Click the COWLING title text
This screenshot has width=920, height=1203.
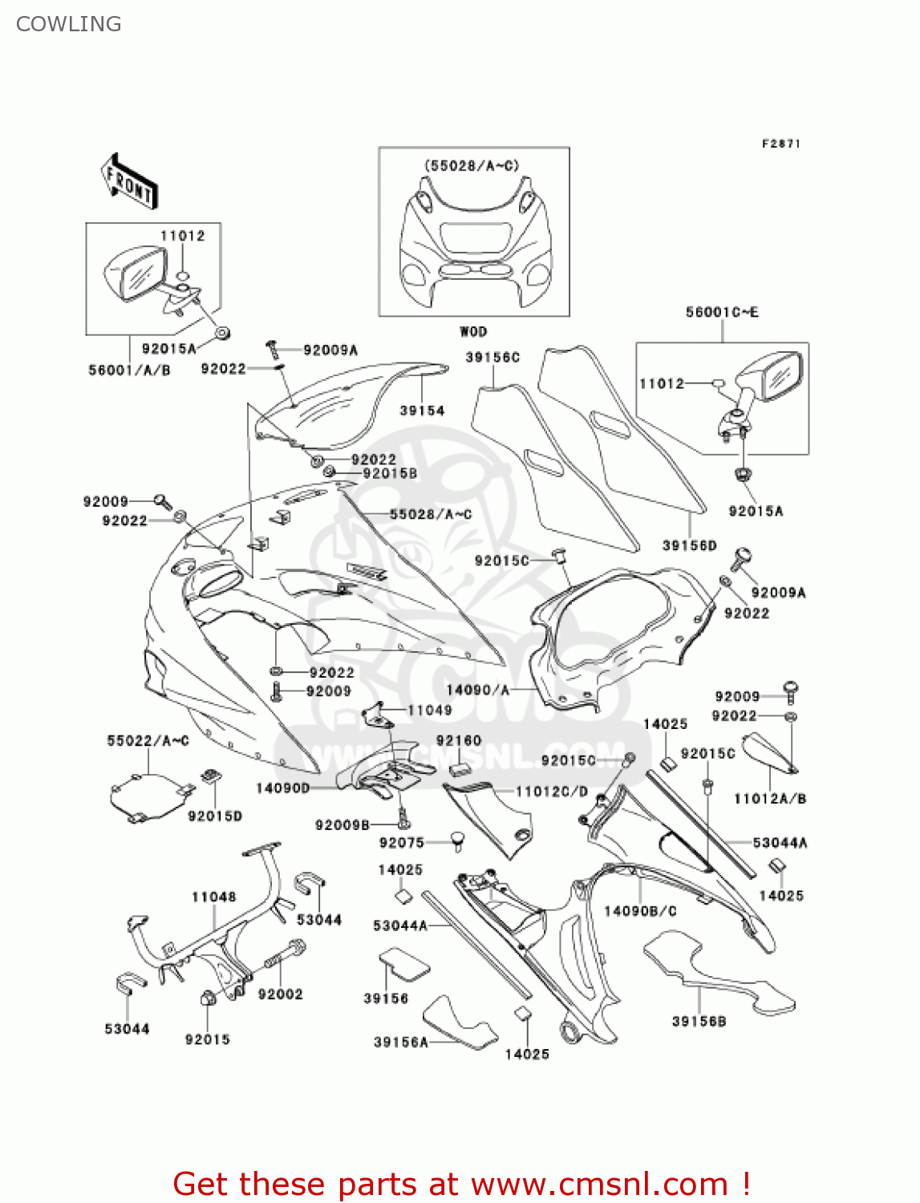(69, 24)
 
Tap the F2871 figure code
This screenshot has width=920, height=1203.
(780, 144)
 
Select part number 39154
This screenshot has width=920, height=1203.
(422, 411)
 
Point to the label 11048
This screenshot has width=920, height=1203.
(213, 897)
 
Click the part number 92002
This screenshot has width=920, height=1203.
(280, 994)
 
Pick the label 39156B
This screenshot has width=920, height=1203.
(699, 1021)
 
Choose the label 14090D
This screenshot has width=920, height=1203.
(282, 788)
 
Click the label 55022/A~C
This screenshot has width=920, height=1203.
(148, 740)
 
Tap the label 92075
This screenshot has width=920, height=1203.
(401, 842)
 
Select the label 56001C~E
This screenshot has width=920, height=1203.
(721, 312)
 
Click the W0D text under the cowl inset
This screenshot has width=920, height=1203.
(473, 331)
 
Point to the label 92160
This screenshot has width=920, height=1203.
(459, 740)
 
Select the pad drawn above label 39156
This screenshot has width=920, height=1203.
(405, 962)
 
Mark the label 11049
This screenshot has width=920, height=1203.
(429, 710)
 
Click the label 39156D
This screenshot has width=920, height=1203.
(689, 545)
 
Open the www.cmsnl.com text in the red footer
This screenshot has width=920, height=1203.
(598, 1184)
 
